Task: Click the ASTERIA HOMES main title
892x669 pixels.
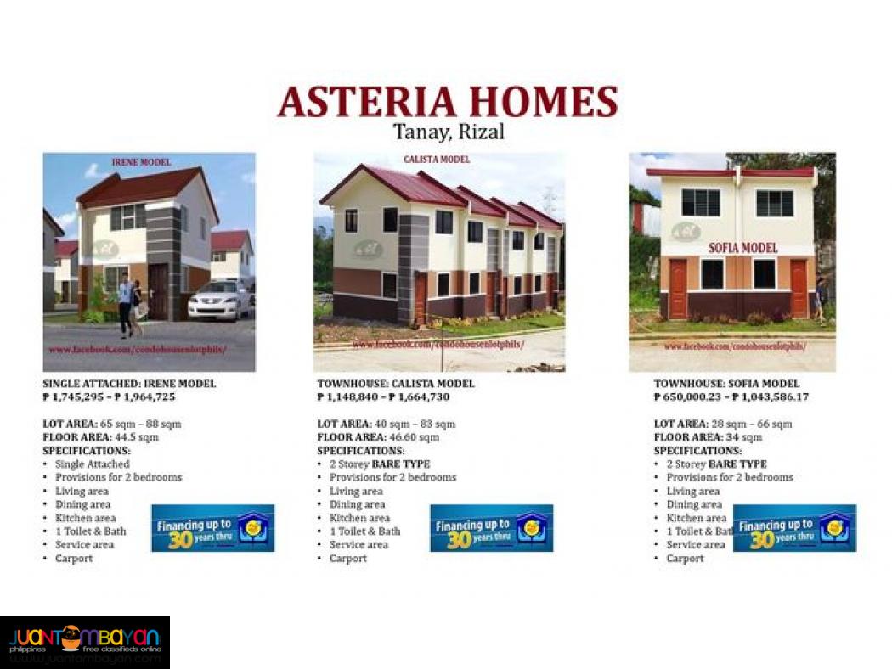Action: tap(447, 103)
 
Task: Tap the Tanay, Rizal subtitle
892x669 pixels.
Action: tap(449, 132)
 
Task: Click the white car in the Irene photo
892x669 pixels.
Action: tap(218, 300)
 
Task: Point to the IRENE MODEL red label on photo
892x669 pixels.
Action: tap(141, 162)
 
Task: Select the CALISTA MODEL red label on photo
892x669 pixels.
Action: tap(436, 159)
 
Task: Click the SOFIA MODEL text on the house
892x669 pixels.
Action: tap(743, 247)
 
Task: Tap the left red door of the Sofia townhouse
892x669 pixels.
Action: tap(677, 289)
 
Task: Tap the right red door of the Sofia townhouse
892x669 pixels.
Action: tap(799, 289)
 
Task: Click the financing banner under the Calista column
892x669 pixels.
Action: tap(491, 528)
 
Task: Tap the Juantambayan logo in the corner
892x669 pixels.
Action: tap(85, 642)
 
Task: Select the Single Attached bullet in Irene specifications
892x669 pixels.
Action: tap(93, 464)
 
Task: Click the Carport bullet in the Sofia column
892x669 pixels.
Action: tap(685, 559)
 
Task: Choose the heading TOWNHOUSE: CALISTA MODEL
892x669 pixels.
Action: tap(396, 384)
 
